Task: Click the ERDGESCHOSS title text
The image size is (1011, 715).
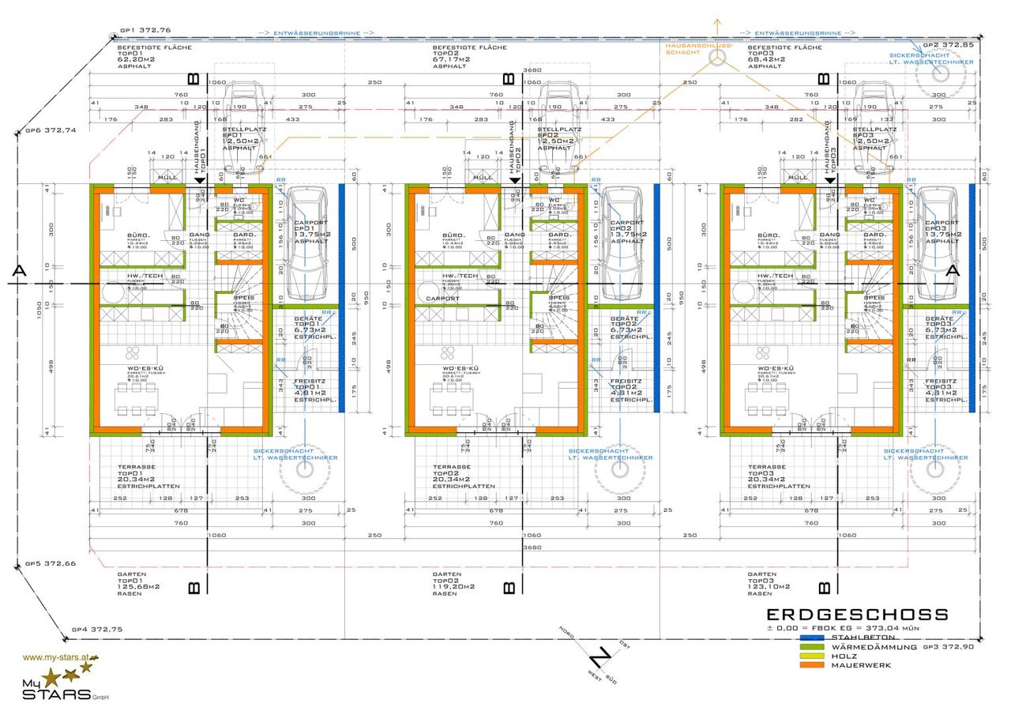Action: [x=858, y=615]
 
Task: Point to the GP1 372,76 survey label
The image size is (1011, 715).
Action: [x=145, y=30]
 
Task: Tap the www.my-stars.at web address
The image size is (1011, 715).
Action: [x=60, y=657]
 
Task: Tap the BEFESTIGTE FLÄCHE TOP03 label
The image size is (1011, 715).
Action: [x=786, y=57]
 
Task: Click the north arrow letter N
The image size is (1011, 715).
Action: [x=601, y=657]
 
